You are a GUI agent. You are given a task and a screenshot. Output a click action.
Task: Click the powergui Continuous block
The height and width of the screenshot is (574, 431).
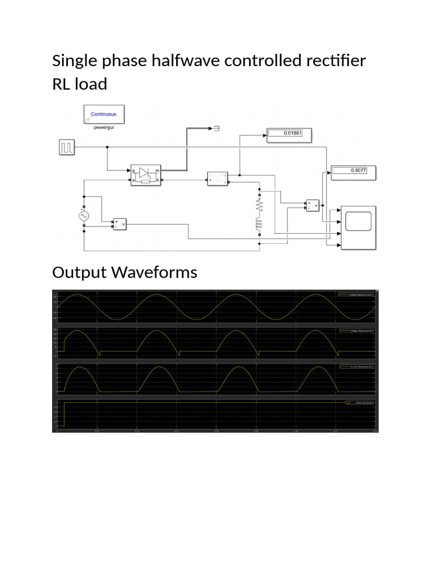pos(104,114)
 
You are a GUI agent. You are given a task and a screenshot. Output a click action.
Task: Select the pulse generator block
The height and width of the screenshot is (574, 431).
pos(67,147)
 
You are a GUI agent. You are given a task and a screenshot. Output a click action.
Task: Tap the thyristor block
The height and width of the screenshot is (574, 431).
pos(146,174)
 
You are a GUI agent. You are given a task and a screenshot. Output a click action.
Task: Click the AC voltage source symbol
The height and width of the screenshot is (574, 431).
pos(84,215)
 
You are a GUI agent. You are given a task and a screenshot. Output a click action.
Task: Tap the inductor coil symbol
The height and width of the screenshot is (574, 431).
pos(259,225)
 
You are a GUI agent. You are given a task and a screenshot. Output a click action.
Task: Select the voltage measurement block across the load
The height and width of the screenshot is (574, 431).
pos(312,206)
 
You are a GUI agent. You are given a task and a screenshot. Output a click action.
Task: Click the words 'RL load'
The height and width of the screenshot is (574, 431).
pos(79,84)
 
